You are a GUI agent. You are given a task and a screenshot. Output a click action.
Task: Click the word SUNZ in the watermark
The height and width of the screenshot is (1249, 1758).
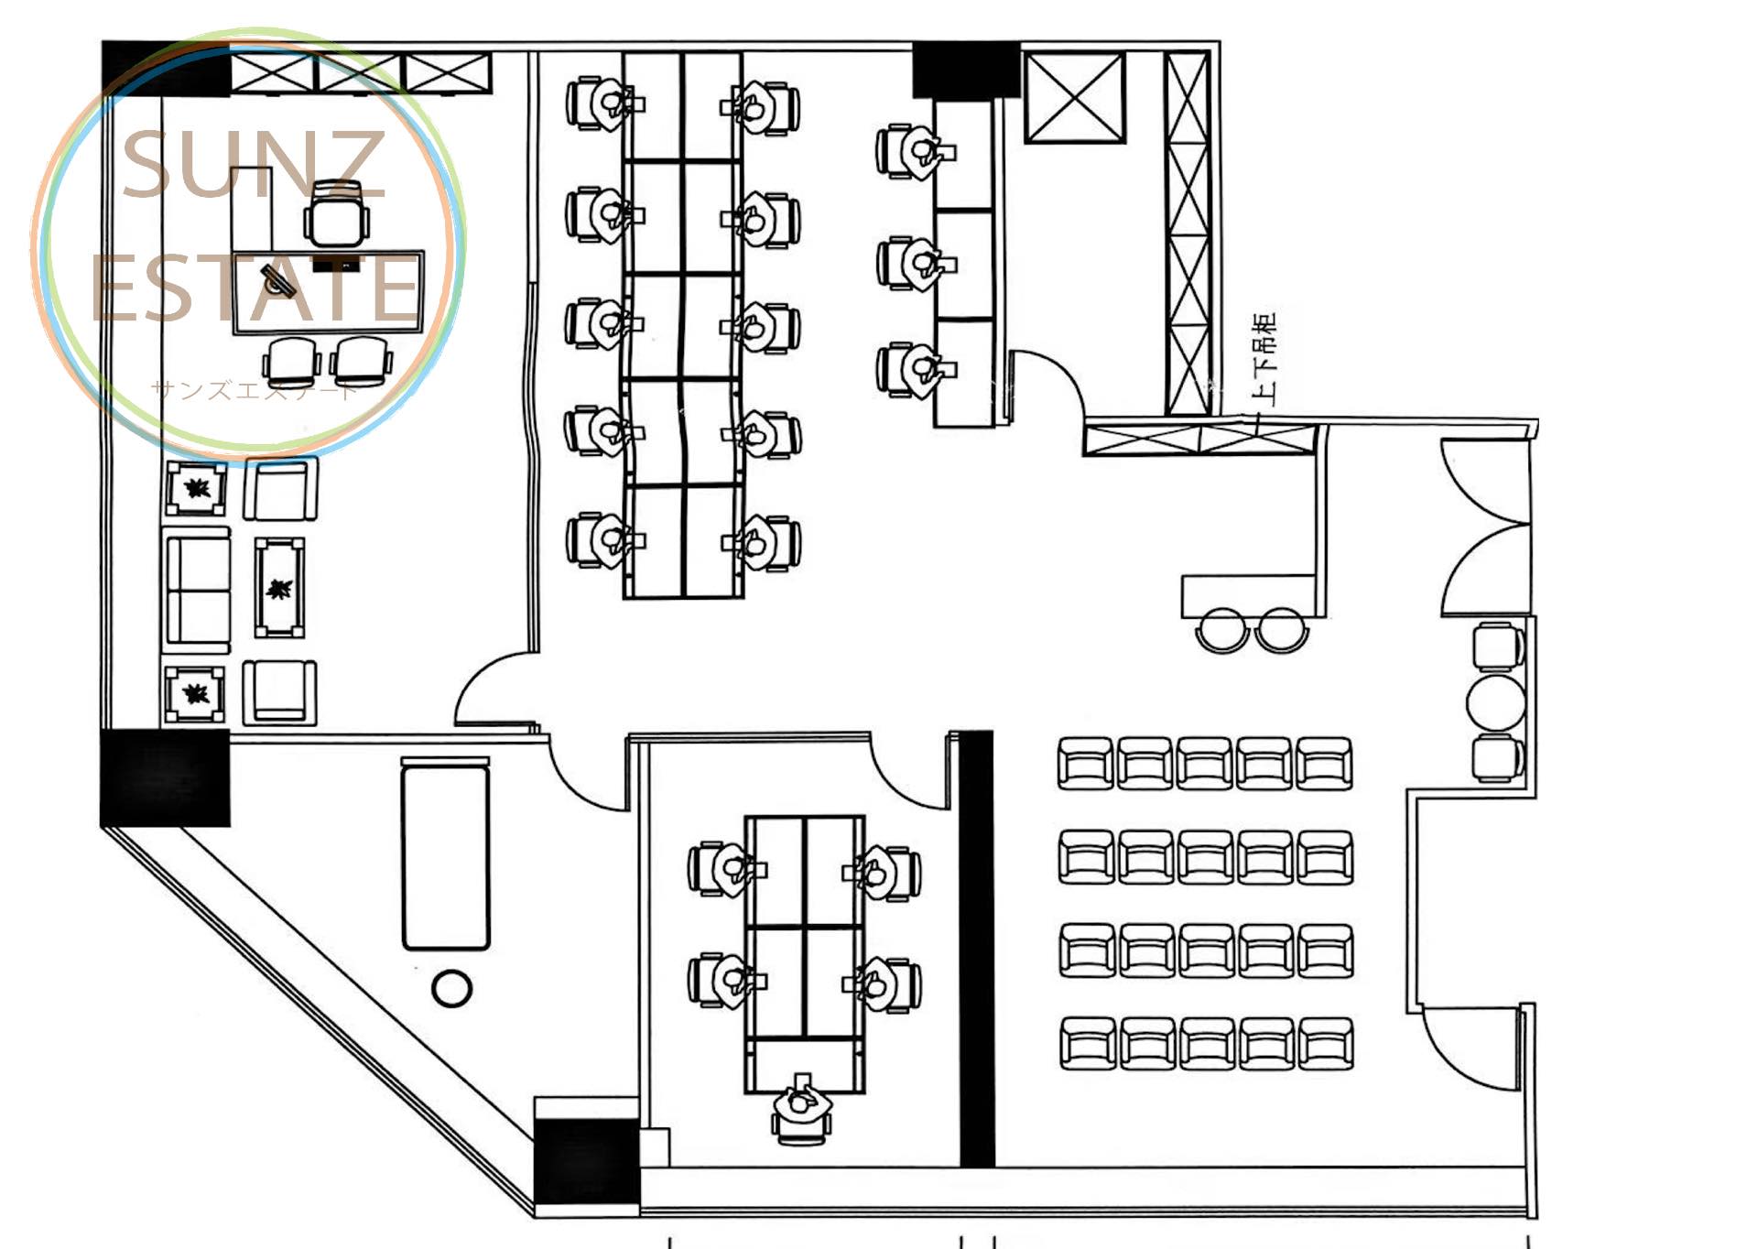coord(254,165)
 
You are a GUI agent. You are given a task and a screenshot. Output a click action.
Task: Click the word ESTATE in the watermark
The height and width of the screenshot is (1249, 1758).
coord(256,288)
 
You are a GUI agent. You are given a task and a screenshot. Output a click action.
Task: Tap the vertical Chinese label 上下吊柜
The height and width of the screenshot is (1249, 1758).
coord(1264,358)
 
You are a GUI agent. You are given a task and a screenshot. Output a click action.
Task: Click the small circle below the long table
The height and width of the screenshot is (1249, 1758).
coord(450,988)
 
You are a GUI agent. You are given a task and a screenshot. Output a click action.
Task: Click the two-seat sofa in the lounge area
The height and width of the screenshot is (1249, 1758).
coord(197,590)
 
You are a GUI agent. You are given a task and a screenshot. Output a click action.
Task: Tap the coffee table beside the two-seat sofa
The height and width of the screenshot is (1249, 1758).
coord(279,588)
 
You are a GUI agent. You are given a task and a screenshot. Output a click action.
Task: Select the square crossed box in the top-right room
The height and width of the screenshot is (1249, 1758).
coord(1074,97)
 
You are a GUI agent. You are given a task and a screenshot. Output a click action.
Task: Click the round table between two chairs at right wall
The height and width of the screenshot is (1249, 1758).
coord(1495,702)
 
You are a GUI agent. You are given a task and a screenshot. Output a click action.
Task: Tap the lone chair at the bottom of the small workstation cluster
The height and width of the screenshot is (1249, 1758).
coord(802,1110)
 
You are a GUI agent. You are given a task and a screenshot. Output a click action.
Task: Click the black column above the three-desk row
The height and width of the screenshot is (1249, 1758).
coord(966,70)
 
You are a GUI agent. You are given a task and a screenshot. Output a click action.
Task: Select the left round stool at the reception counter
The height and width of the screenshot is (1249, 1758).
coord(1222,630)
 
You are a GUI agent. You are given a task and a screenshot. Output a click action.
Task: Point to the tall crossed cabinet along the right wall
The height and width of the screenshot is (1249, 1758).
coord(1188,234)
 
